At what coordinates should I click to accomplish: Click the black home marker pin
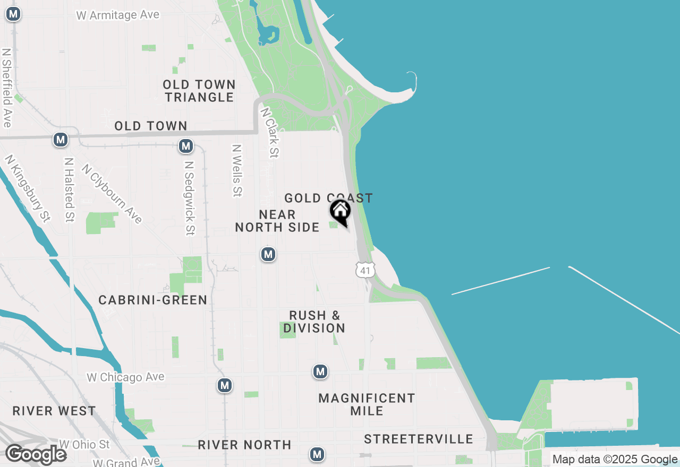tap(341, 211)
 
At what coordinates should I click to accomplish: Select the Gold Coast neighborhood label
tap(328, 198)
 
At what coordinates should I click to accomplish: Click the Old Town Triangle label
tap(199, 91)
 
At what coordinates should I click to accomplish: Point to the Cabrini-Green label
tap(153, 300)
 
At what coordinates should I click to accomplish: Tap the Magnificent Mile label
tap(367, 404)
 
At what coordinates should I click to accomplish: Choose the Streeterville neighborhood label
tap(419, 439)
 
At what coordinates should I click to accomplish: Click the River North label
tap(244, 445)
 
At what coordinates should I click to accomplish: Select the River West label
tap(54, 411)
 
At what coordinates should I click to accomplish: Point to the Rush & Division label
tap(314, 322)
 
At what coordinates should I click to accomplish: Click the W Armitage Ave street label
tap(118, 15)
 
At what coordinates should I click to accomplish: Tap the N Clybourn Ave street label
tap(112, 194)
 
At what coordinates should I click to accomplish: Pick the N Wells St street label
tap(237, 171)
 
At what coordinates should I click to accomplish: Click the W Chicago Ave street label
tap(126, 377)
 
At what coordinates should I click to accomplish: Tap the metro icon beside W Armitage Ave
tap(13, 14)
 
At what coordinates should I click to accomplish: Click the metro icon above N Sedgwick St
tap(185, 145)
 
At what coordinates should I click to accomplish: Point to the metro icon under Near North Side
tap(268, 254)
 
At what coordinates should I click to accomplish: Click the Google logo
tap(36, 454)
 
